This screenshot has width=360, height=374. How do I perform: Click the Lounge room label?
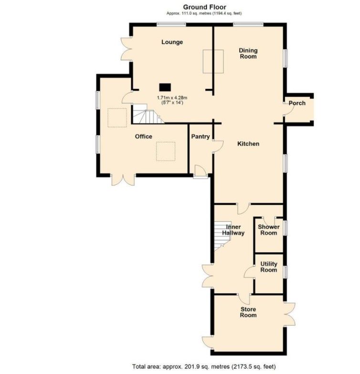point(172,42)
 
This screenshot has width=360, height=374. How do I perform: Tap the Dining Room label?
point(248,53)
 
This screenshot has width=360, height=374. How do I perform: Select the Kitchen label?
point(248,144)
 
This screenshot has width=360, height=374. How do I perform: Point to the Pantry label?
point(201,137)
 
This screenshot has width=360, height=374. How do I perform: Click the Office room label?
point(144,137)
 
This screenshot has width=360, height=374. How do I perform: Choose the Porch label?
point(297,103)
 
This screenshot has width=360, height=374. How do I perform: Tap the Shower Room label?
point(269,230)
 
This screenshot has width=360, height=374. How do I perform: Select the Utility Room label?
point(269,267)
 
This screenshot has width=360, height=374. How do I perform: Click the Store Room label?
point(248,312)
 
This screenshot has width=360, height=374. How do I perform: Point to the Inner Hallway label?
point(233,230)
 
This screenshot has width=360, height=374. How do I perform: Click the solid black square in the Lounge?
point(165,87)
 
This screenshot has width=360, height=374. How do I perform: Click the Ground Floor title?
point(204,7)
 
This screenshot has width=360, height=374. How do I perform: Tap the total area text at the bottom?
point(204,366)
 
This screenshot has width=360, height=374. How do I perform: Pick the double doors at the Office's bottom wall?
point(123,180)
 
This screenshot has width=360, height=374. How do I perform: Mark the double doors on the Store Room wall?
point(290,314)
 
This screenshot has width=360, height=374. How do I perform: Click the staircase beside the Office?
point(148,114)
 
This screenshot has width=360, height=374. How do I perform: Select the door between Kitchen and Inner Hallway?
point(244,209)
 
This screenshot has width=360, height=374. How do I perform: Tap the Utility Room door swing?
point(250,272)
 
